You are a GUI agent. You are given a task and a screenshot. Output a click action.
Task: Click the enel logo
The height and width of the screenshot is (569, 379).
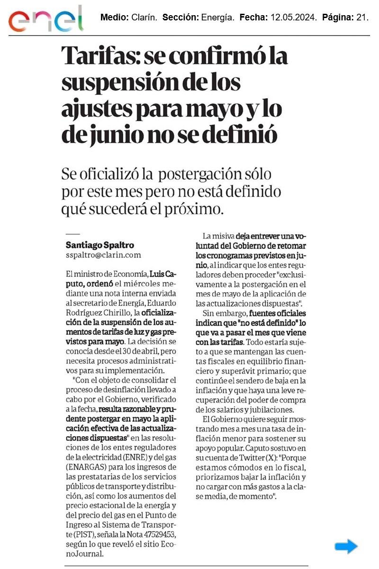(45, 19)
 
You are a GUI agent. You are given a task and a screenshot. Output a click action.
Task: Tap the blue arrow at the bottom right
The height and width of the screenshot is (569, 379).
(346, 546)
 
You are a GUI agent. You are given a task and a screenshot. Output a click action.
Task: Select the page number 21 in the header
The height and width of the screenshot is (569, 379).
(362, 18)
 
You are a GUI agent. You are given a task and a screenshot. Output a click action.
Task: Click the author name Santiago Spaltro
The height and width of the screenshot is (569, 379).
(99, 245)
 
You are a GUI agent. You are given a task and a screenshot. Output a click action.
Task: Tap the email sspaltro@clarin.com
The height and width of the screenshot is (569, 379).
(103, 255)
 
